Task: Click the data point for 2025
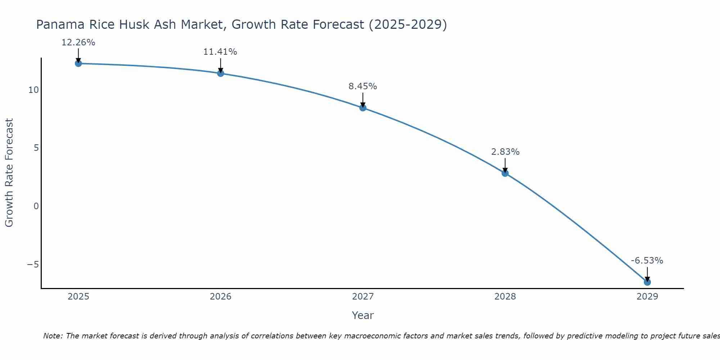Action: pyautogui.click(x=78, y=63)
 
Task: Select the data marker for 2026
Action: pyautogui.click(x=221, y=73)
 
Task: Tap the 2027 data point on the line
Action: pyautogui.click(x=363, y=108)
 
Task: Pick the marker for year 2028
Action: pyautogui.click(x=505, y=173)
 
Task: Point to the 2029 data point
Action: pyautogui.click(x=647, y=282)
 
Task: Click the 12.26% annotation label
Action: pyautogui.click(x=78, y=42)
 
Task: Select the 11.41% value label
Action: pyautogui.click(x=220, y=52)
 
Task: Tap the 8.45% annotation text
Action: pyautogui.click(x=363, y=86)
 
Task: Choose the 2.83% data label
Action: pyautogui.click(x=505, y=152)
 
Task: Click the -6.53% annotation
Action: pyautogui.click(x=647, y=261)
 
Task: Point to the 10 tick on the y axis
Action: pyautogui.click(x=33, y=90)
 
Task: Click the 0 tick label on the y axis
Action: pyautogui.click(x=36, y=206)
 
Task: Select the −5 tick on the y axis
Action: pyautogui.click(x=33, y=265)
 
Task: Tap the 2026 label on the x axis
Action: pyautogui.click(x=221, y=297)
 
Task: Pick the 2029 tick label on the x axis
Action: pyautogui.click(x=647, y=297)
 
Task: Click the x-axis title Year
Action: pyautogui.click(x=363, y=315)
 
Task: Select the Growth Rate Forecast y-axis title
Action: pyautogui.click(x=9, y=173)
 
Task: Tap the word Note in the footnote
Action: pyautogui.click(x=53, y=336)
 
